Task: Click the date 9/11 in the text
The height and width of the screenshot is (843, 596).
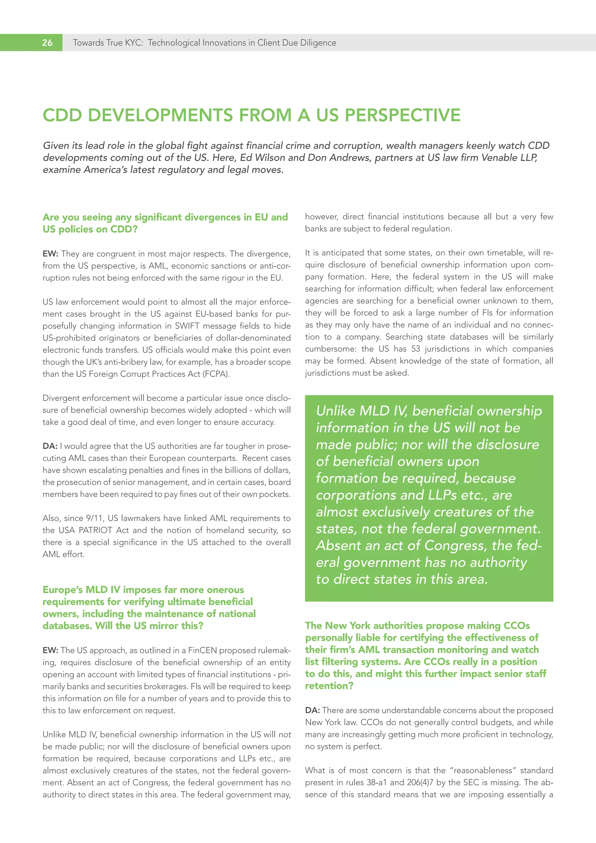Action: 95,518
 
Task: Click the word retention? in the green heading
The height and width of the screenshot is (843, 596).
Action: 329,686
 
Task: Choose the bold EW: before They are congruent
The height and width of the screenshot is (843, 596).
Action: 50,254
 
